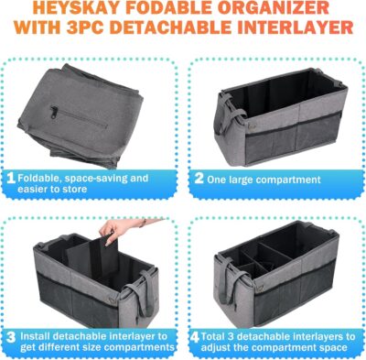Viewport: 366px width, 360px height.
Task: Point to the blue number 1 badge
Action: click(10, 180)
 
